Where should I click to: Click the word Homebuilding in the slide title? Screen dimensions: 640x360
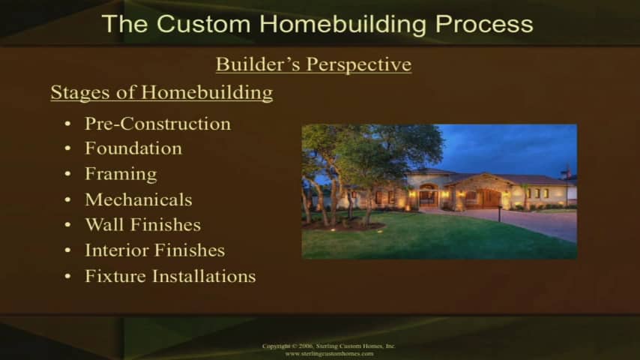pyautogui.click(x=342, y=24)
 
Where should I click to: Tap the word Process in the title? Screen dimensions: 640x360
pyautogui.click(x=484, y=25)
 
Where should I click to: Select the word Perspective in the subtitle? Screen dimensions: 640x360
pyautogui.click(x=359, y=65)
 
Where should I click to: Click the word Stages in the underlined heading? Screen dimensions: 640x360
pyautogui.click(x=80, y=93)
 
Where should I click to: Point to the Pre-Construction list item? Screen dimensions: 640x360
pyautogui.click(x=157, y=124)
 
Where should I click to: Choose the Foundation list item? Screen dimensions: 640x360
pyautogui.click(x=133, y=148)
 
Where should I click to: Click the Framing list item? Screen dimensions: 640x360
pyautogui.click(x=121, y=175)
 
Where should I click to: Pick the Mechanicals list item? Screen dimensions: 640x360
pyautogui.click(x=139, y=199)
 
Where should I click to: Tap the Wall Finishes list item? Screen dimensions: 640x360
pyautogui.click(x=143, y=225)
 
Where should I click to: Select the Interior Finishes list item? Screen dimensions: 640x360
pyautogui.click(x=154, y=250)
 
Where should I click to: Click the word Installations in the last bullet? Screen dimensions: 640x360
pyautogui.click(x=204, y=276)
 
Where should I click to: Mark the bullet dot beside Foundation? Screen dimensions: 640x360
pyautogui.click(x=67, y=148)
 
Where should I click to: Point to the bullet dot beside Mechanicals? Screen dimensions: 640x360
pyautogui.click(x=67, y=199)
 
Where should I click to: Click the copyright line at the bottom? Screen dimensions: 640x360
pyautogui.click(x=328, y=346)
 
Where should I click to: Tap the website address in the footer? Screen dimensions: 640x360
pyautogui.click(x=329, y=353)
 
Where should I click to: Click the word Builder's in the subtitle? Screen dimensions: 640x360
pyautogui.click(x=259, y=64)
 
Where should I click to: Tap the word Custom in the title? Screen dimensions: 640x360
pyautogui.click(x=203, y=24)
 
